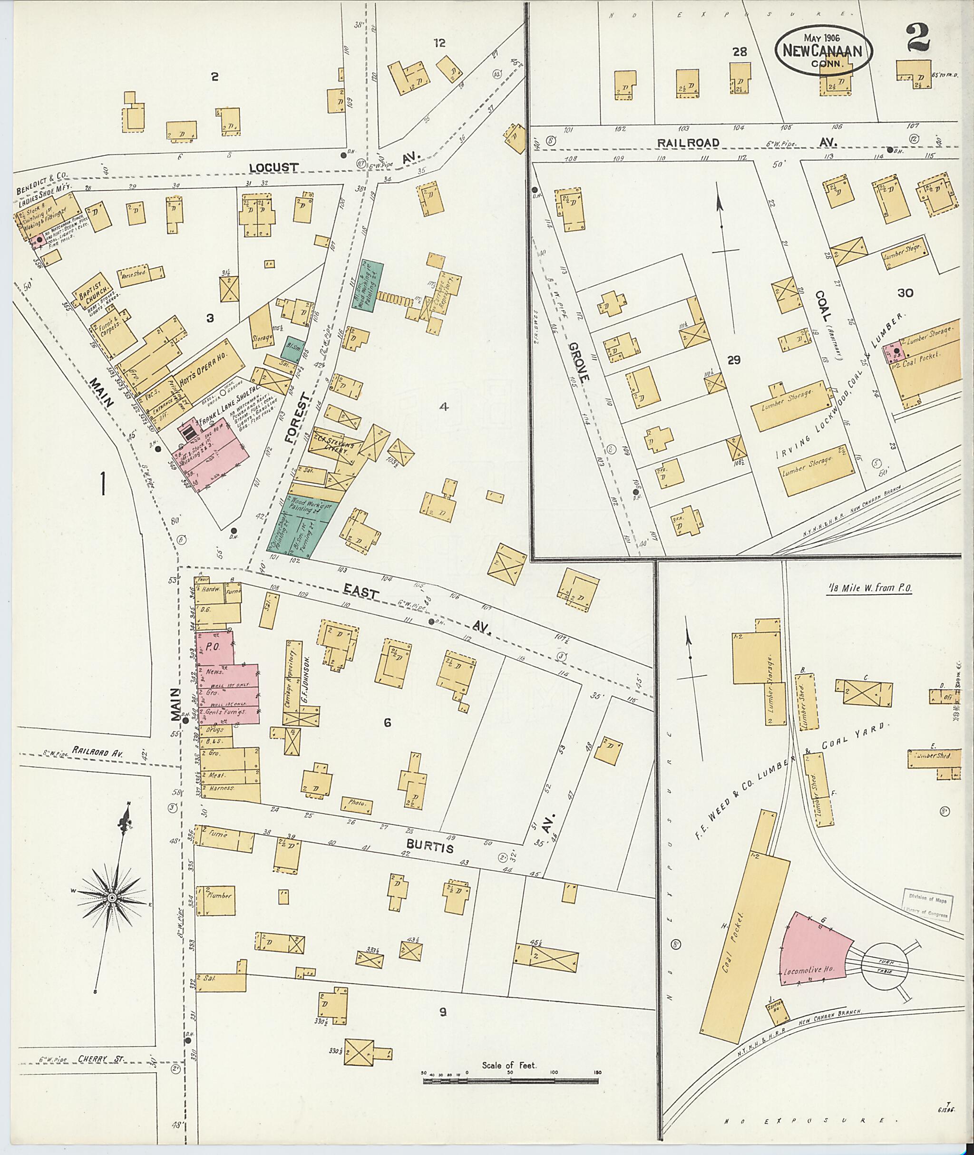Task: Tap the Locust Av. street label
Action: tap(273, 167)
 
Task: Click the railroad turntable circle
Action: tap(884, 966)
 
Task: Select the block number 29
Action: tap(733, 360)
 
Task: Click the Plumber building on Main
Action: tap(219, 895)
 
